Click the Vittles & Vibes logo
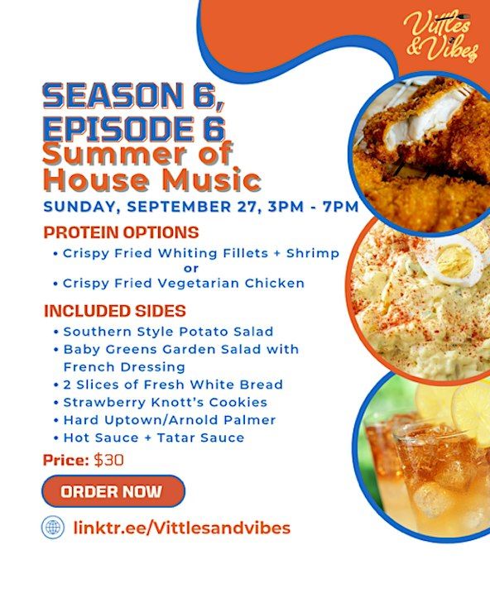pos(441,36)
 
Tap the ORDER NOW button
pos(113,491)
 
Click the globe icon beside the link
pos(53,528)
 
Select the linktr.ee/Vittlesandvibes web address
pos(182,528)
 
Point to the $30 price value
pos(109,460)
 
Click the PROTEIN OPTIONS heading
pos(121,232)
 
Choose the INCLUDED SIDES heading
pos(115,311)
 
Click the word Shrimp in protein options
pos(313,254)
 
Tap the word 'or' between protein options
pos(191,269)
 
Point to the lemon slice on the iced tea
pos(471,409)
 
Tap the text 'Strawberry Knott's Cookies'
pos(166,403)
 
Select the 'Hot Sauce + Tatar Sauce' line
pos(154,438)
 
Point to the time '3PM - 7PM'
pos(313,207)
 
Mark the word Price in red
pos(66,460)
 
